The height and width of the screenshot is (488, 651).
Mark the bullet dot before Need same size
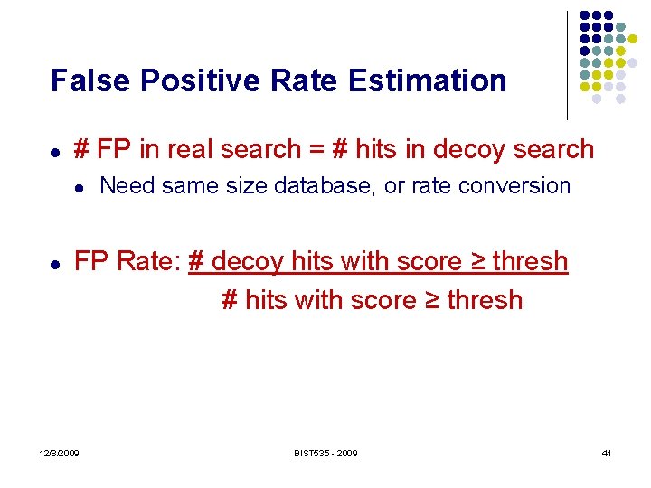79,188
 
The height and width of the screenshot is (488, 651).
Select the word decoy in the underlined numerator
241,262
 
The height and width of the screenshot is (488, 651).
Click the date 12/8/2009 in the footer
59,453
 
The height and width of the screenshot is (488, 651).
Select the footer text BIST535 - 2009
325,453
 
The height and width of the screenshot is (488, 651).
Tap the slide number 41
606,453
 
